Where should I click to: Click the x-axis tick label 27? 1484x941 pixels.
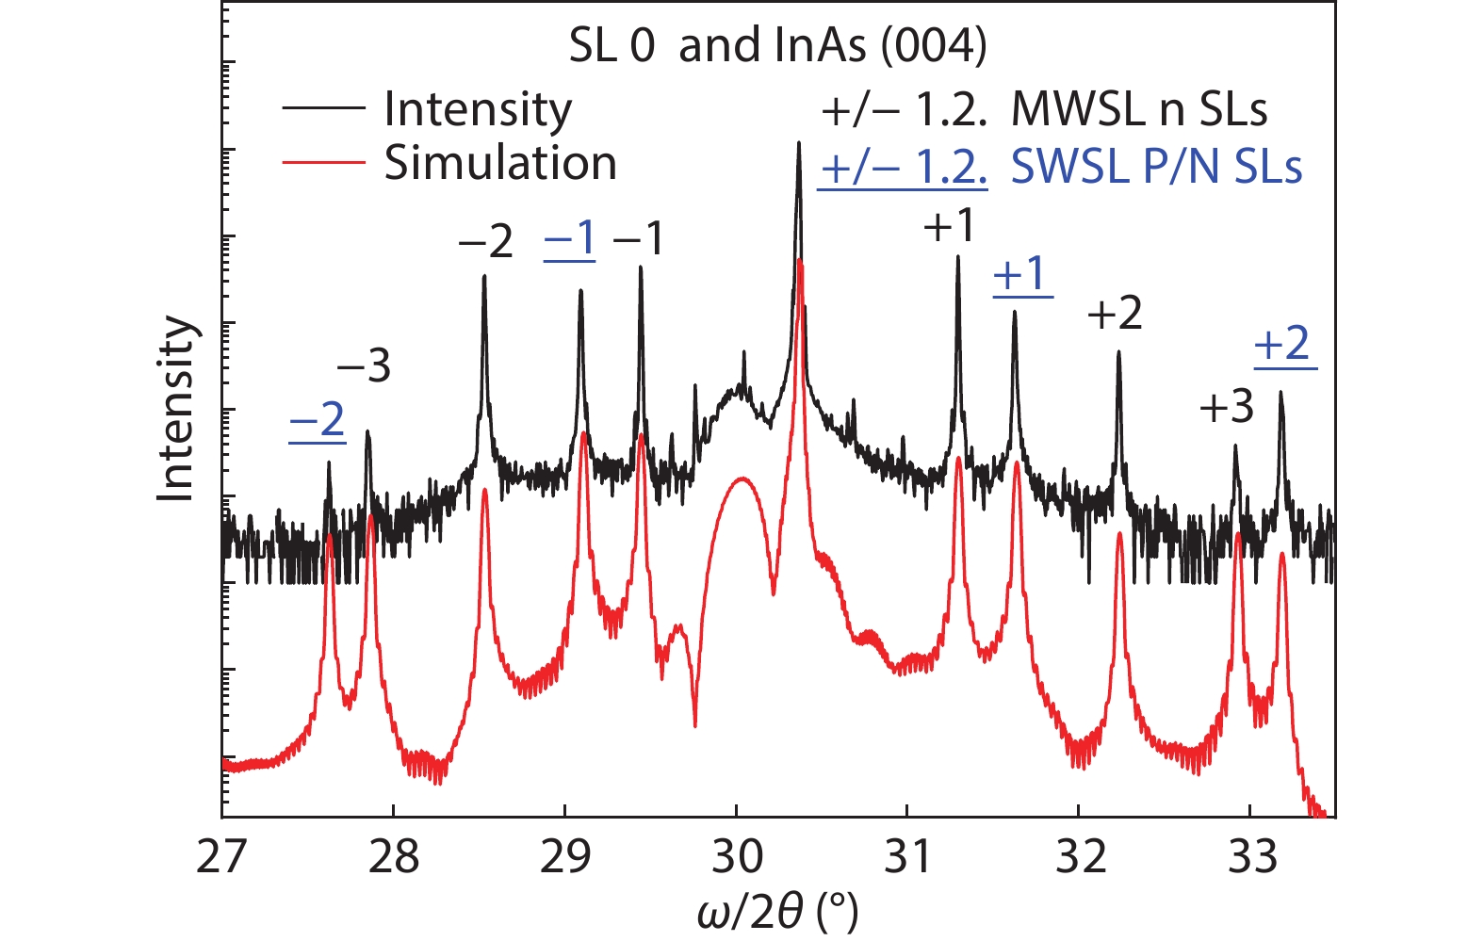[222, 857]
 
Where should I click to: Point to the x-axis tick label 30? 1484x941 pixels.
[736, 857]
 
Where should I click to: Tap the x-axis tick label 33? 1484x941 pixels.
[1252, 857]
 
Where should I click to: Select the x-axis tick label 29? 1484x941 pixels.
[564, 857]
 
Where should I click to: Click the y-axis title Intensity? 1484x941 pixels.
[177, 408]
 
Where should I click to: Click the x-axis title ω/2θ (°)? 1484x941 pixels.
[778, 912]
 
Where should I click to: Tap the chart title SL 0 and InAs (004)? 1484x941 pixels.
[777, 45]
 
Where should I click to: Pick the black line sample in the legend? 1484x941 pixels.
[323, 108]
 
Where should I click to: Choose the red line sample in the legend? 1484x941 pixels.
[323, 163]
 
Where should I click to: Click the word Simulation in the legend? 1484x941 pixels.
[500, 164]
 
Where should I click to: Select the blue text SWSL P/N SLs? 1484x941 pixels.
[1156, 168]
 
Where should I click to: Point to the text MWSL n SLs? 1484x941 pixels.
[1138, 110]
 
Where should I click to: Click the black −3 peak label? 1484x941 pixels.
[364, 365]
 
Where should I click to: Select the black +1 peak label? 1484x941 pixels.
[949, 226]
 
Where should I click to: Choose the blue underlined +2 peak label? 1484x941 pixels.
[1283, 344]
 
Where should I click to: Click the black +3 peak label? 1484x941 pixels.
[1227, 407]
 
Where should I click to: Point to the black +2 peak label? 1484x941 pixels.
[1115, 313]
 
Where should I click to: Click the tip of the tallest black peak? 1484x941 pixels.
[799, 143]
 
